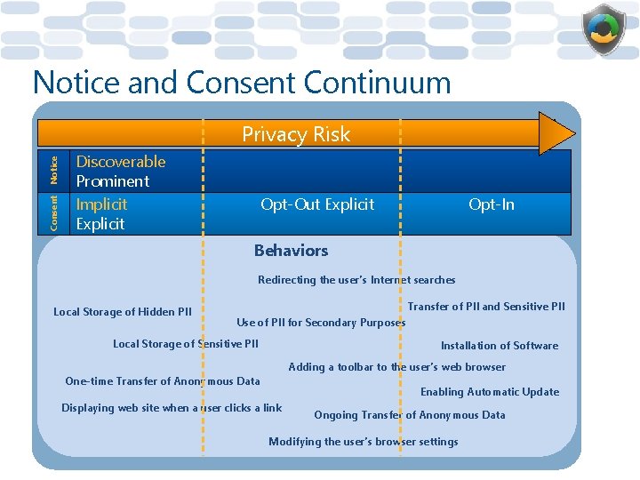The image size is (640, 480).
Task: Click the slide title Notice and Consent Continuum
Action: click(242, 83)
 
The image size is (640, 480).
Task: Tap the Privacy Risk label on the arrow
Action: click(296, 134)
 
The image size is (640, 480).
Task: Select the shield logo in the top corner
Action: click(604, 28)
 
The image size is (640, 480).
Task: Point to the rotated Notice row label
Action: click(54, 170)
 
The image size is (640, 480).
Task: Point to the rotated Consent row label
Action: click(54, 213)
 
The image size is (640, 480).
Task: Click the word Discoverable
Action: click(121, 162)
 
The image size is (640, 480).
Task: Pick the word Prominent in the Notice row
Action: click(113, 181)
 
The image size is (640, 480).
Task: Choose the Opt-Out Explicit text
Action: click(317, 204)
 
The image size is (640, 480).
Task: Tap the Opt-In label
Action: click(491, 204)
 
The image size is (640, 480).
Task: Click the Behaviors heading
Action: click(291, 251)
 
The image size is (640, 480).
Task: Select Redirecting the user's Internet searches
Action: click(356, 280)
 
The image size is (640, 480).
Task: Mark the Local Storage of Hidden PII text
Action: click(123, 312)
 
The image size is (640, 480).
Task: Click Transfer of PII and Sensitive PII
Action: click(486, 307)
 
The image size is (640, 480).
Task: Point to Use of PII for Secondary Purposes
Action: click(320, 323)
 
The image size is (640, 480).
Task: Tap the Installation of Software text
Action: click(500, 346)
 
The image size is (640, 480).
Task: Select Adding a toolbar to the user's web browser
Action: click(396, 367)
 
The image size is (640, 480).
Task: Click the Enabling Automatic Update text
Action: click(490, 392)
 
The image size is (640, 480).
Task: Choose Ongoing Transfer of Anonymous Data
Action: click(410, 415)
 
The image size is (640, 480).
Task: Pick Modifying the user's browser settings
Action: click(364, 442)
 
